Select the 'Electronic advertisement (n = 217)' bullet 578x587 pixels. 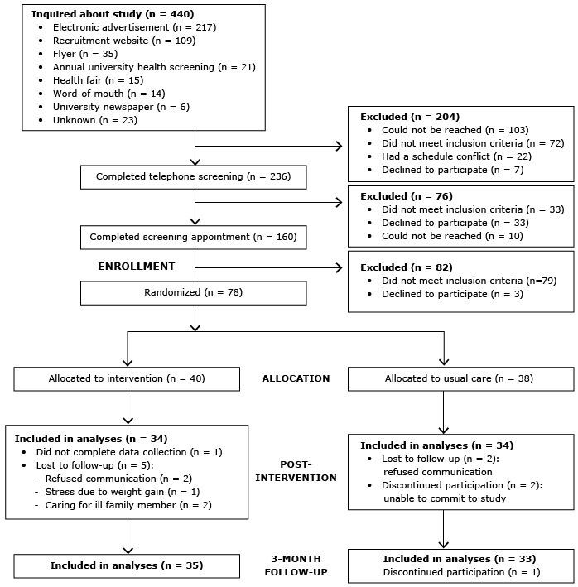[x=134, y=26]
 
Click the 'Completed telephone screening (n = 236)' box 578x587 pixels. [x=193, y=176]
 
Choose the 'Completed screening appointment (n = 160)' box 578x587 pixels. [x=193, y=237]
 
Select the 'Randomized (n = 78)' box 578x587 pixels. [x=193, y=293]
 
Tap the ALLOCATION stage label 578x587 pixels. [x=296, y=378]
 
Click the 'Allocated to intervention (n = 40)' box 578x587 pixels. [x=126, y=378]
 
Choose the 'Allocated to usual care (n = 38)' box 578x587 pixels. [x=460, y=378]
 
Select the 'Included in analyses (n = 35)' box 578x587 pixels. [x=126, y=565]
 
